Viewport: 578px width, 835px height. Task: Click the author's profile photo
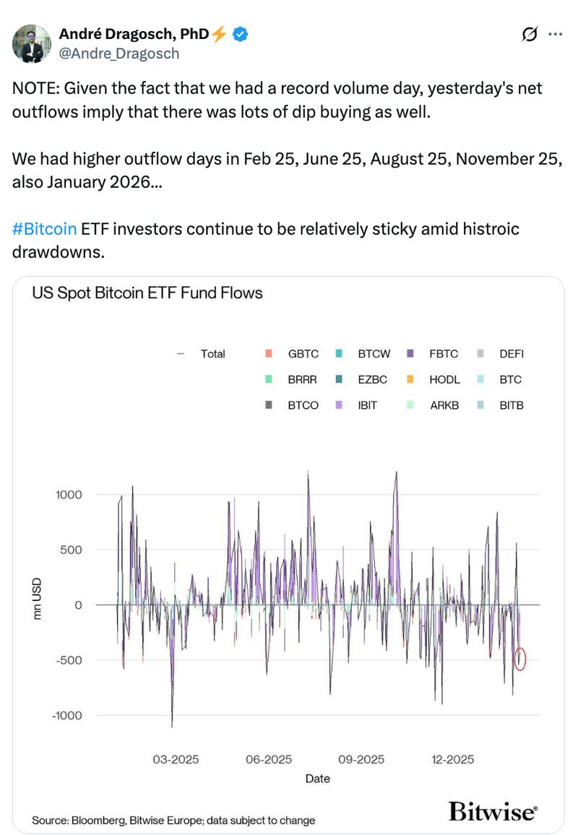[x=32, y=43]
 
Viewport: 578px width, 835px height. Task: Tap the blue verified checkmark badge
[x=241, y=33]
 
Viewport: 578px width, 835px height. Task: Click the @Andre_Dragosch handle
[x=118, y=53]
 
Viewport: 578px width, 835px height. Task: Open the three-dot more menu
[x=556, y=34]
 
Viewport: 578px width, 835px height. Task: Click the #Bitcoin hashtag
[x=44, y=229]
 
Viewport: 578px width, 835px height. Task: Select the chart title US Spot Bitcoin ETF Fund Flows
[x=147, y=293]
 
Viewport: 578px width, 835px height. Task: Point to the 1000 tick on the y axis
[x=69, y=495]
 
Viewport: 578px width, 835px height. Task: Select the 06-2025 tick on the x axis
[x=268, y=760]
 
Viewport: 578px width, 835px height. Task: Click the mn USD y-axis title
[x=38, y=598]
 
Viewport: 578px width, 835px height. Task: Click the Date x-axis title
[x=317, y=779]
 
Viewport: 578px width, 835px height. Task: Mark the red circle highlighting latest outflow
[x=520, y=659]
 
